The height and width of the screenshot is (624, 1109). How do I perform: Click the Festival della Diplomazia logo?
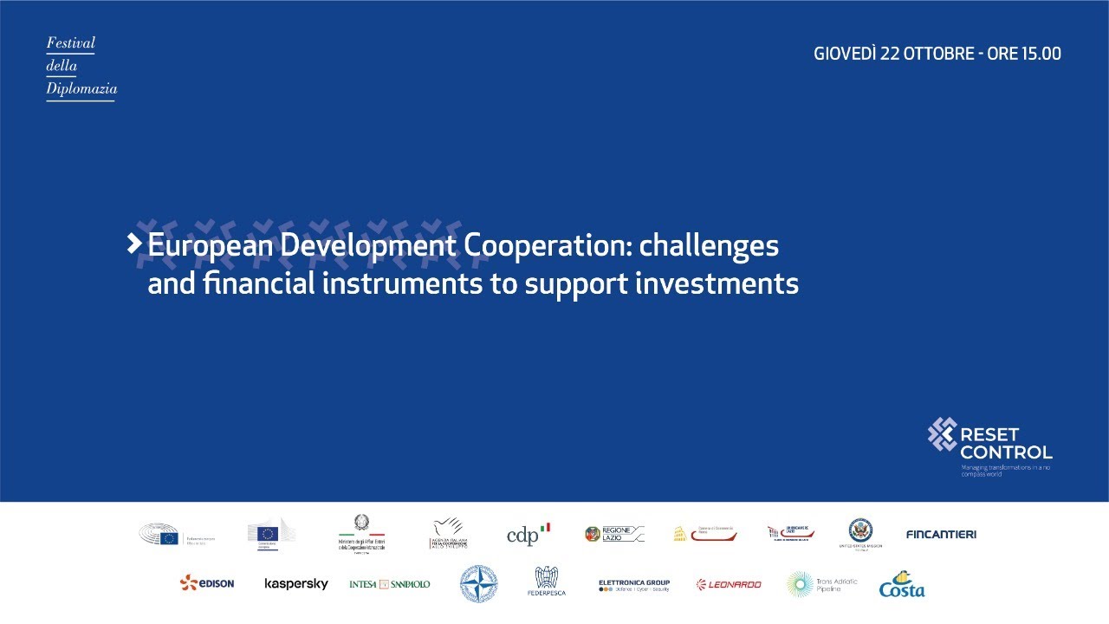click(x=81, y=67)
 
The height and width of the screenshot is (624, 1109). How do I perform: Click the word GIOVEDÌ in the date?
click(x=845, y=54)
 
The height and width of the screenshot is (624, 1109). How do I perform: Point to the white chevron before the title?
click(x=134, y=244)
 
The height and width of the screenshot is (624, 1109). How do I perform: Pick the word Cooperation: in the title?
click(x=548, y=246)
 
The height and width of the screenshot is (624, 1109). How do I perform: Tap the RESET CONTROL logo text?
click(x=1005, y=443)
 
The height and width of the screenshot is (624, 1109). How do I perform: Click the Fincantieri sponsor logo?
click(x=940, y=535)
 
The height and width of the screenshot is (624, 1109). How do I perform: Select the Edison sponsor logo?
click(x=207, y=583)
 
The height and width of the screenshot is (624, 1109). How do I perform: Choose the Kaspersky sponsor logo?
click(x=296, y=584)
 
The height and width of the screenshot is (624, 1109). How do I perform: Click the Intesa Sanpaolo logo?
click(x=390, y=584)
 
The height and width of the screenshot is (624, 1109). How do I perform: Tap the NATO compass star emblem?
click(x=478, y=583)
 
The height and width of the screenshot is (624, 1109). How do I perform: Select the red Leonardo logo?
click(x=729, y=584)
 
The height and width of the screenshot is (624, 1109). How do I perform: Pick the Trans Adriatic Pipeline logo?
click(x=822, y=583)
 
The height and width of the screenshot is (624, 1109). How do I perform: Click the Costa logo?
click(x=902, y=585)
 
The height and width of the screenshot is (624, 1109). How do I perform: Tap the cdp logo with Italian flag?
click(x=529, y=535)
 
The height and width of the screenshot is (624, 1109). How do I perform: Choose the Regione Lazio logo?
click(x=614, y=534)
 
